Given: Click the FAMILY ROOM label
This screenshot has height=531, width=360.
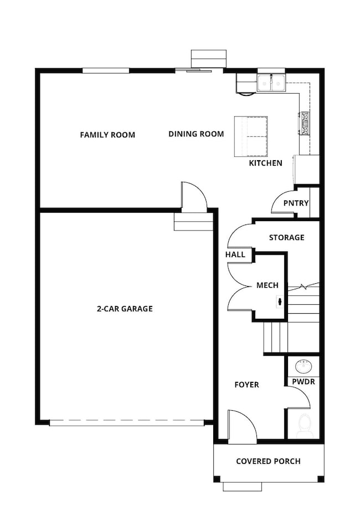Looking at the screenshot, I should pos(107,135).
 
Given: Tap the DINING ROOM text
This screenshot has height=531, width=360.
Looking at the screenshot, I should pos(196,134).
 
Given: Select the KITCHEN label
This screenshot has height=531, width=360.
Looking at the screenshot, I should pos(265,163).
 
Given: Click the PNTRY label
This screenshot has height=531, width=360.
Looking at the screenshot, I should pos(296,203).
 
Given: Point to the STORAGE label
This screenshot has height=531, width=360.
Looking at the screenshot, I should pos(286,237).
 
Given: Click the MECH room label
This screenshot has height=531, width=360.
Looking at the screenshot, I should pos(267,285).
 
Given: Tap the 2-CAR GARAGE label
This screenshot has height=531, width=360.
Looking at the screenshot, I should pos(124,309).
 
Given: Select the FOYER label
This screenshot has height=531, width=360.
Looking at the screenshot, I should pos(246,384).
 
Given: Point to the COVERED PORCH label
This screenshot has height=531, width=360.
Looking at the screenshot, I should pos(268,461).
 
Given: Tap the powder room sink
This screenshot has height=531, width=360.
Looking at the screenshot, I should pos(304,366).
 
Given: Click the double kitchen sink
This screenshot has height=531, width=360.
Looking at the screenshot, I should pos(271,83).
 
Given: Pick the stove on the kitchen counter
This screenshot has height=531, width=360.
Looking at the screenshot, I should pos(304,123).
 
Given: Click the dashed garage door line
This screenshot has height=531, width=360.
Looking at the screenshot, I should pos(126,422).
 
